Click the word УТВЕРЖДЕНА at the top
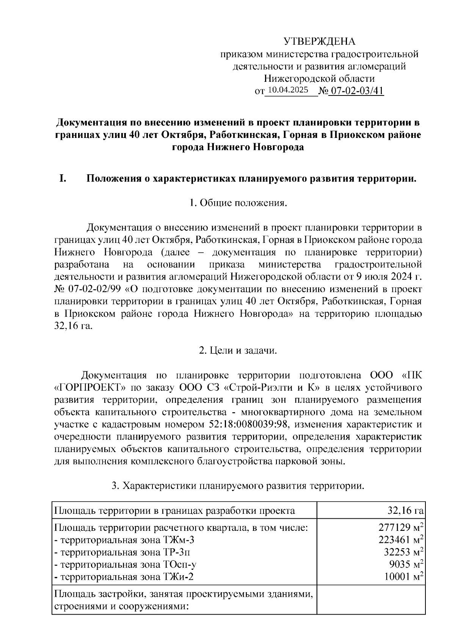(320, 41)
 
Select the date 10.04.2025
(288, 90)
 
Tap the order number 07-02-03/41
(356, 91)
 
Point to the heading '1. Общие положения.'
(238, 203)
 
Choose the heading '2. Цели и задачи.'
(238, 351)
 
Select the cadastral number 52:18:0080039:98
(252, 424)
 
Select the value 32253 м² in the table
(403, 552)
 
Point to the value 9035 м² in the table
(406, 565)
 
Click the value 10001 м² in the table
(403, 577)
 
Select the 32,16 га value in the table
(405, 511)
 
